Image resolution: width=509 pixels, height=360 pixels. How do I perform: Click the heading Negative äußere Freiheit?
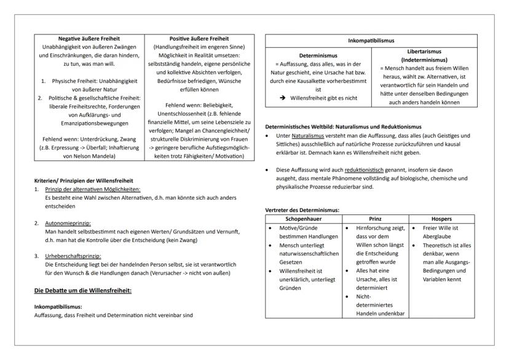[89, 39]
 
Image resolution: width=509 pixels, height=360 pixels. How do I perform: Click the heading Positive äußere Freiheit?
[198, 39]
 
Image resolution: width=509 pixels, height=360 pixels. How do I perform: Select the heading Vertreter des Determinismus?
[302, 209]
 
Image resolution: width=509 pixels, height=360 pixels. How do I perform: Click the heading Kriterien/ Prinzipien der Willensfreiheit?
[83, 181]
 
